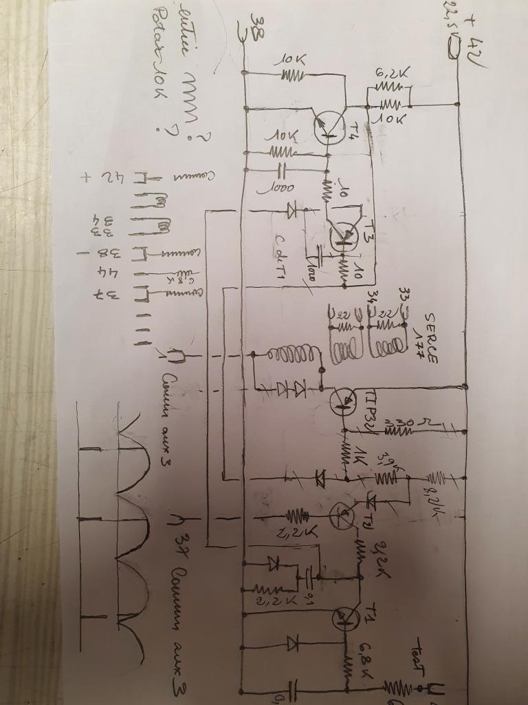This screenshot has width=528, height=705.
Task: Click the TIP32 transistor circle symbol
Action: click(343, 401)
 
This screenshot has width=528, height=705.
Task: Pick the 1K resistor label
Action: click(362, 456)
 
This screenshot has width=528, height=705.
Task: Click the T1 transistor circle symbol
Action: click(342, 616)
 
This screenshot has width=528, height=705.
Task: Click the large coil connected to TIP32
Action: click(292, 355)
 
